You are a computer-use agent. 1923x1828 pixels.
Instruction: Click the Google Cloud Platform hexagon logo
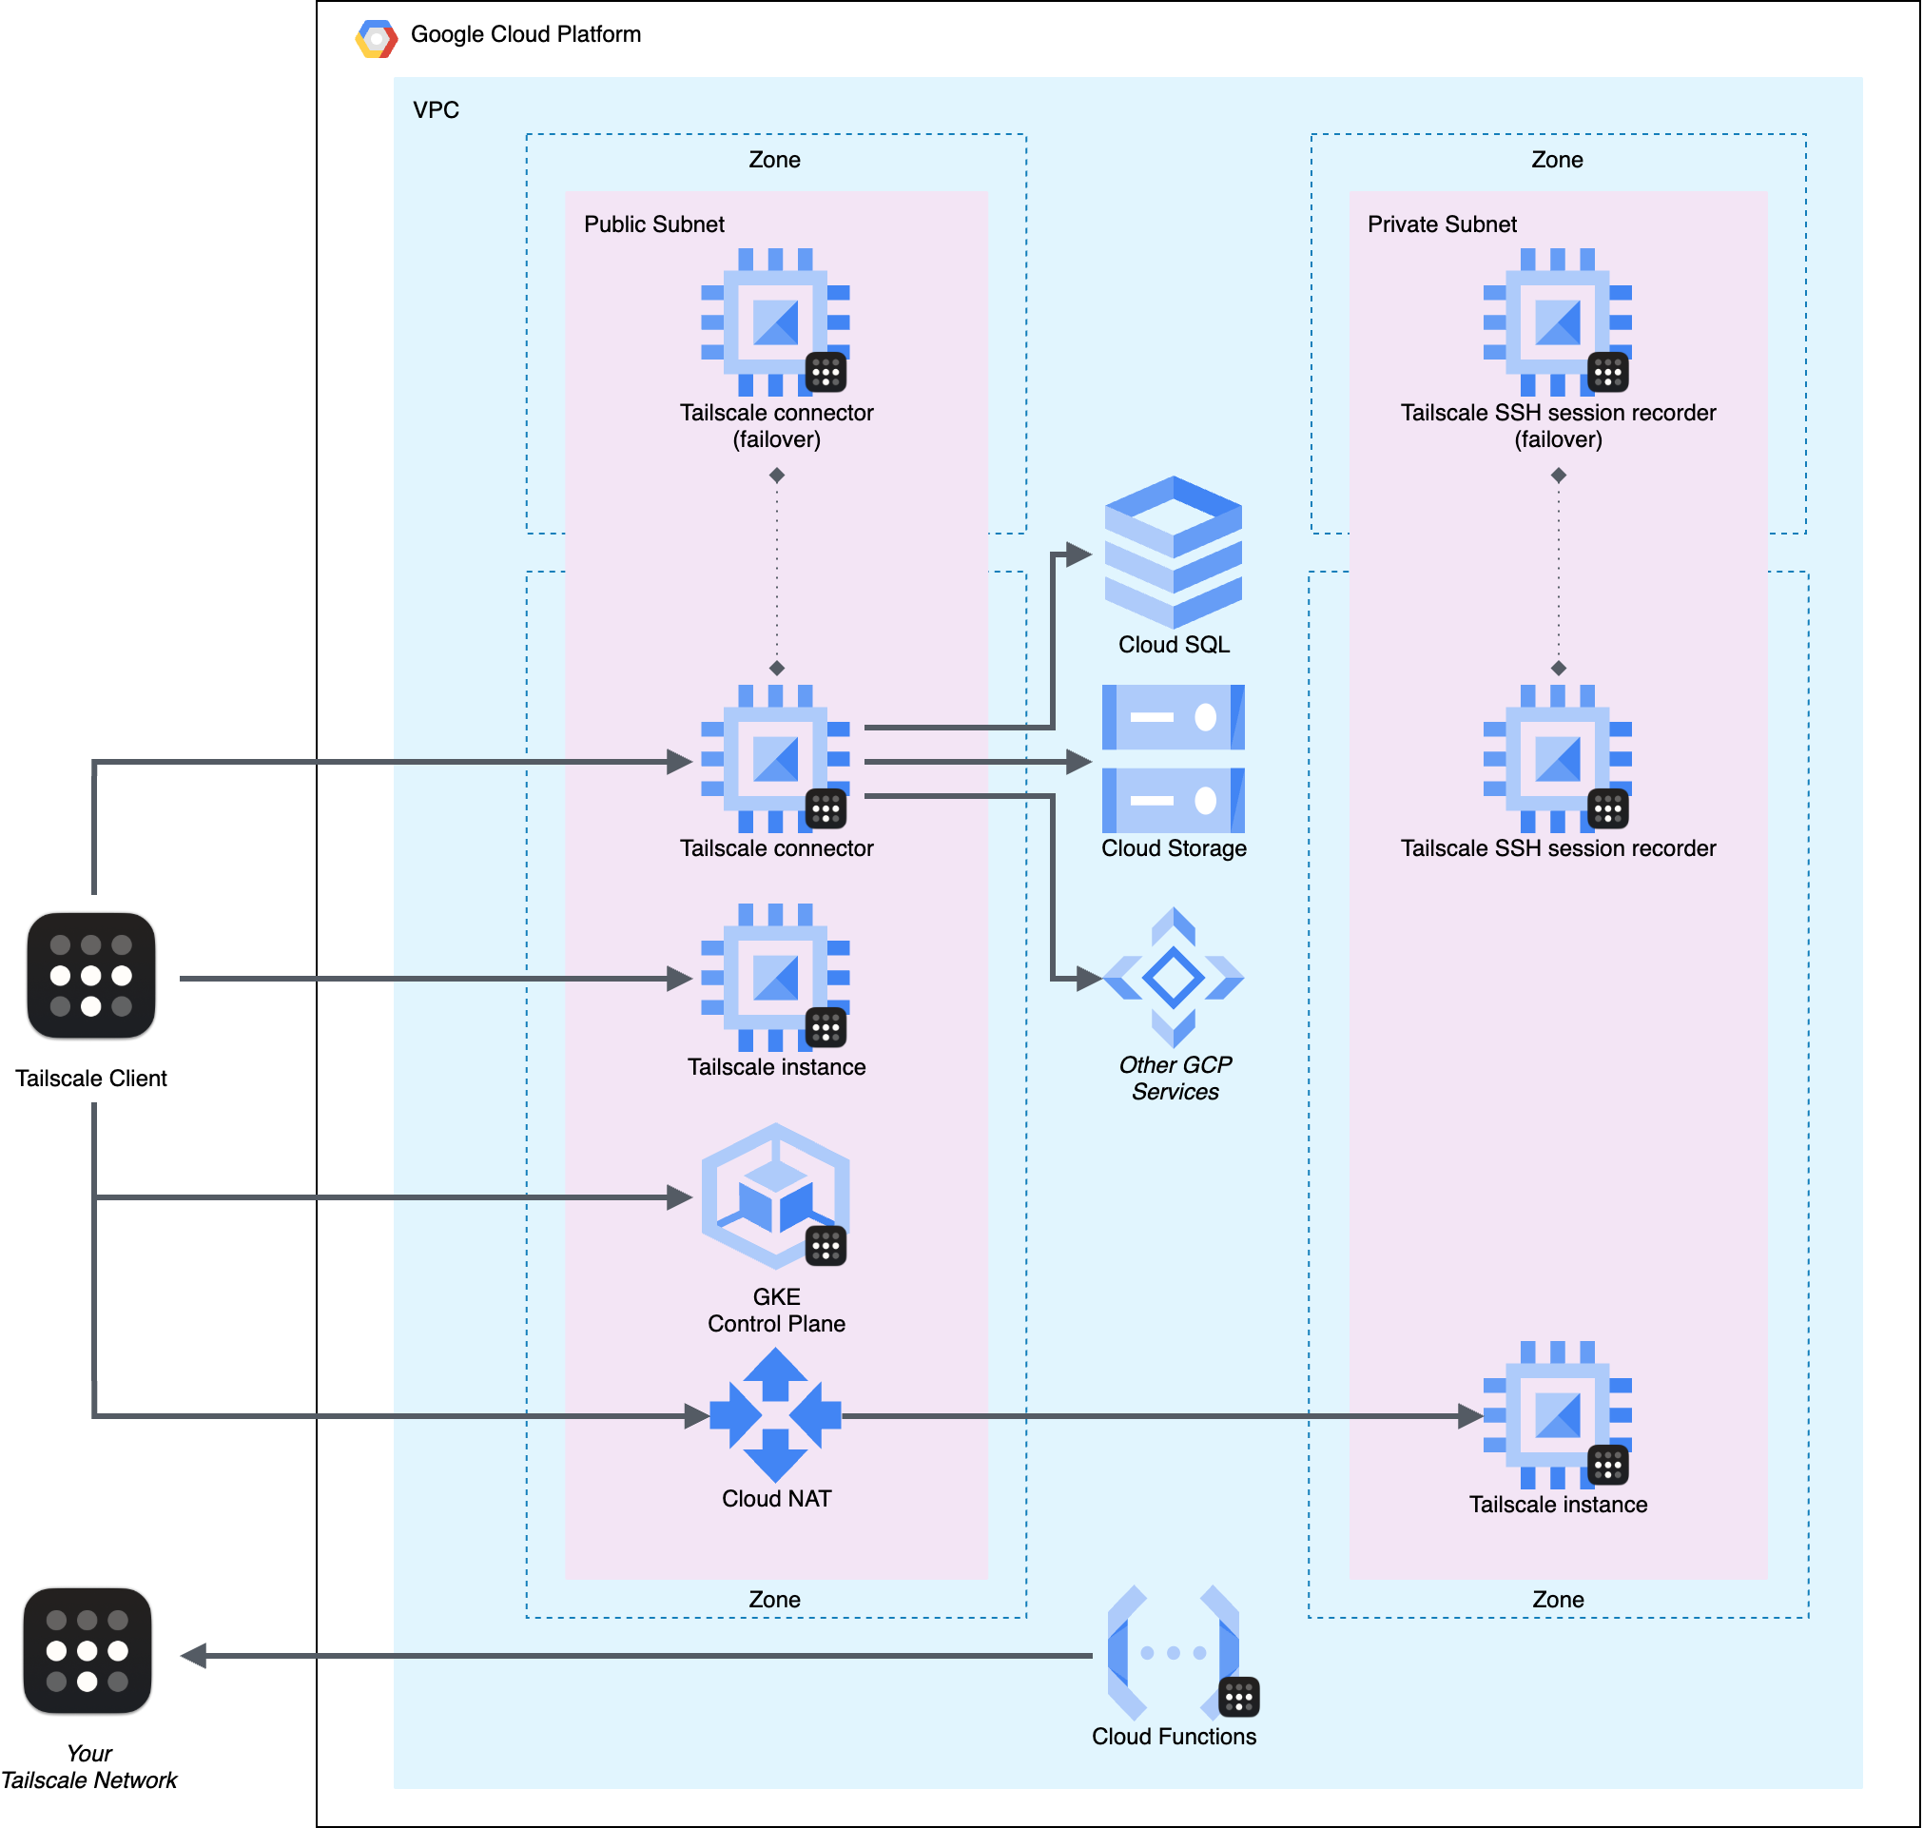click(376, 39)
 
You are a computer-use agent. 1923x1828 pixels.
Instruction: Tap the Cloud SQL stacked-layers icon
click(1173, 552)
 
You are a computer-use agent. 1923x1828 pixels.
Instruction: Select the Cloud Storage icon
click(1173, 758)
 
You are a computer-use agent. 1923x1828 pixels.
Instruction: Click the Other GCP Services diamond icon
click(1173, 978)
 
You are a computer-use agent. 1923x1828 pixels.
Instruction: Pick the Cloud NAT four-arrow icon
click(775, 1415)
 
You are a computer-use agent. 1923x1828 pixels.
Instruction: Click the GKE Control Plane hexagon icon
click(775, 1196)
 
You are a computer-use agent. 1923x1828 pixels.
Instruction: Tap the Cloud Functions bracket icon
click(1173, 1653)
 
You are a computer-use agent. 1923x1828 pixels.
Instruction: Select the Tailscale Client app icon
click(91, 976)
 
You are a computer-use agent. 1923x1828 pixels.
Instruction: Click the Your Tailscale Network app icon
click(87, 1651)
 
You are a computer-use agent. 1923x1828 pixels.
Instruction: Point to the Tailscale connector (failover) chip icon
click(775, 321)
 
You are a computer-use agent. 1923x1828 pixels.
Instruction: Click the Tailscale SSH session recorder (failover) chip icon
click(1558, 321)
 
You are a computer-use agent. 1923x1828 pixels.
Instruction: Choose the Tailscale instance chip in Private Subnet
click(1558, 1415)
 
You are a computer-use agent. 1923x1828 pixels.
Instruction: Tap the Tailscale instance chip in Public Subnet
click(775, 978)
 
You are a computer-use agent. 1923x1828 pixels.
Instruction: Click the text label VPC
click(437, 110)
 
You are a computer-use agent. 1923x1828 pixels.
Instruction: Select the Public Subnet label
click(654, 224)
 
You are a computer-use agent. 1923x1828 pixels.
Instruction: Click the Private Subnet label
click(1442, 224)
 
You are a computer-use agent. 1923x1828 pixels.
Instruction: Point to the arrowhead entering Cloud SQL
click(1079, 554)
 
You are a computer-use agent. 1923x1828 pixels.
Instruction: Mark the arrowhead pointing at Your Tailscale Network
click(193, 1656)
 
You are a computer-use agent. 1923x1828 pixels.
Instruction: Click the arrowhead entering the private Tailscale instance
click(1470, 1416)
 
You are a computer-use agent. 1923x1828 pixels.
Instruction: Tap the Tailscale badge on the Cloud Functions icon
click(1239, 1698)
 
